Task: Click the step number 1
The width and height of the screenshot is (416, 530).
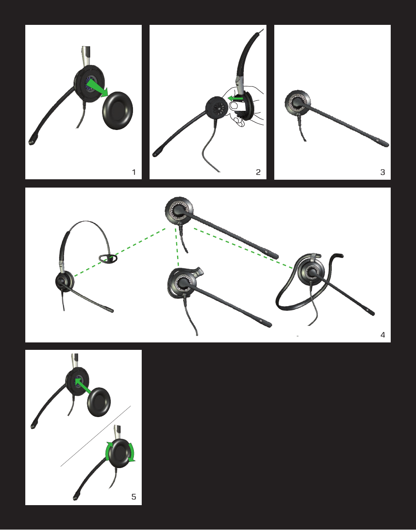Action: (134, 172)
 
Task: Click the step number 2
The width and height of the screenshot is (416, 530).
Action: (258, 172)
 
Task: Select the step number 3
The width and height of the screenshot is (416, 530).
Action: (382, 172)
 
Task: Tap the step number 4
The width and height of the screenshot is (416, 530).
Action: (382, 335)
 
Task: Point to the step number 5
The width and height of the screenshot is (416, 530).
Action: (134, 496)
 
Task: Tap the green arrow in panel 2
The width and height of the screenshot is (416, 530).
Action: (236, 99)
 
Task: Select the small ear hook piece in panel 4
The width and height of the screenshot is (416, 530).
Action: (109, 258)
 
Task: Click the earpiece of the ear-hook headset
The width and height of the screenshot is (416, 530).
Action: (181, 283)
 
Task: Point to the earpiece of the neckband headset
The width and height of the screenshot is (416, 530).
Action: (312, 273)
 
